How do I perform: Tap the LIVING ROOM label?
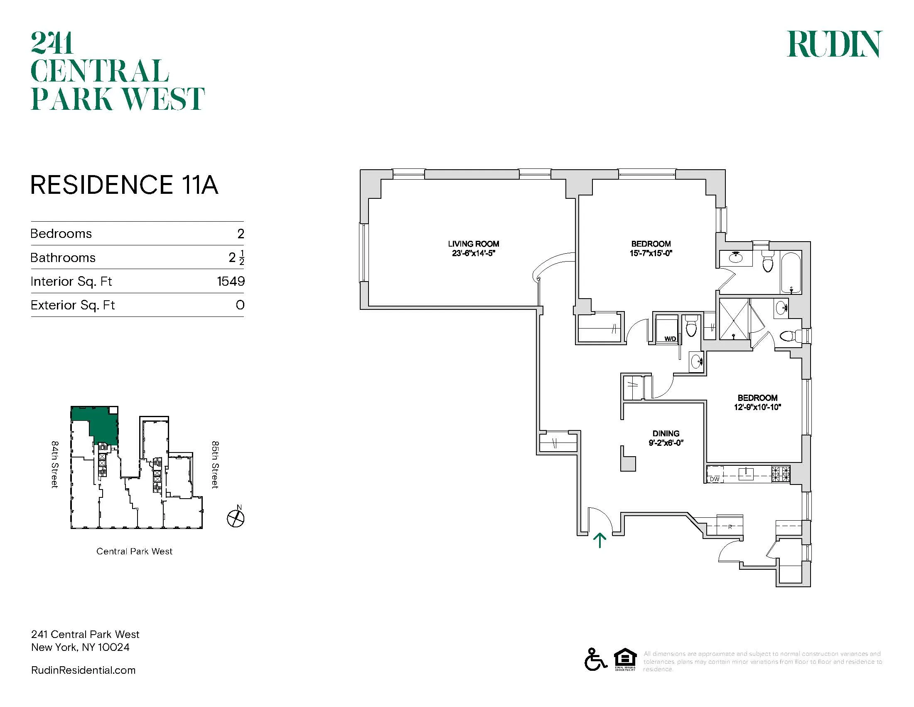pyautogui.click(x=473, y=244)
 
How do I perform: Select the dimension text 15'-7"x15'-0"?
pyautogui.click(x=651, y=253)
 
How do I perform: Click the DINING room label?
pyautogui.click(x=666, y=433)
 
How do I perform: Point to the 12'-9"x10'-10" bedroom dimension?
pyautogui.click(x=757, y=407)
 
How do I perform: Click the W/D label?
pyautogui.click(x=670, y=339)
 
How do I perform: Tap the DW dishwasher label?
pyautogui.click(x=715, y=479)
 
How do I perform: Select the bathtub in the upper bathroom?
pyautogui.click(x=791, y=273)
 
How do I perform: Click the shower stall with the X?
pyautogui.click(x=734, y=319)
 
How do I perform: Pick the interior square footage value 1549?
pyautogui.click(x=231, y=281)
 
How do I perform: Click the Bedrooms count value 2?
pyautogui.click(x=241, y=234)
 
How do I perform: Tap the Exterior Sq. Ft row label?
pyautogui.click(x=72, y=305)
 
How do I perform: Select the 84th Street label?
pyautogui.click(x=54, y=464)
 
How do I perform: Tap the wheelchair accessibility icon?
pyautogui.click(x=595, y=659)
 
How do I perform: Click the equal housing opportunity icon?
pyautogui.click(x=625, y=659)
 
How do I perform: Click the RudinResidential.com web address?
pyautogui.click(x=83, y=670)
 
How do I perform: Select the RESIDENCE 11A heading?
pyautogui.click(x=124, y=185)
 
